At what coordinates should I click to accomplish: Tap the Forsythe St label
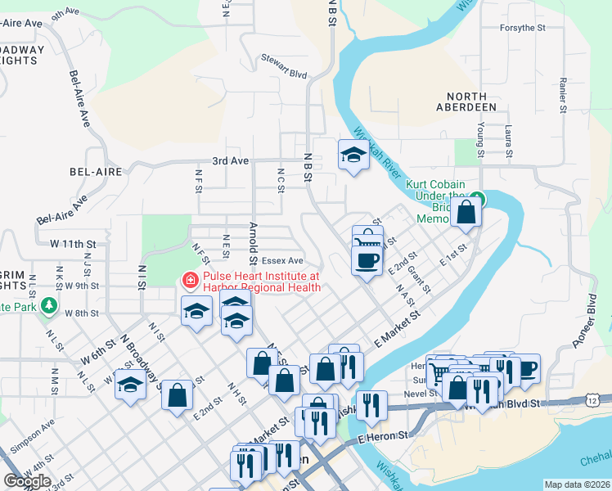[x=522, y=28]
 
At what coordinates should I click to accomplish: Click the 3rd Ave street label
[x=230, y=161]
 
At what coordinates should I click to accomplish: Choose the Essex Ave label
[x=282, y=262]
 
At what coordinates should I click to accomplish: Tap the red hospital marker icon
[x=190, y=282]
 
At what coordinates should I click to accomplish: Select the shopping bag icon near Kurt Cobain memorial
[x=466, y=212]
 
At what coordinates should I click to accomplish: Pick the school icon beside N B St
[x=353, y=155]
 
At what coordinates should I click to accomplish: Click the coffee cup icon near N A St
[x=366, y=260]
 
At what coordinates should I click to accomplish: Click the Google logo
[x=27, y=480]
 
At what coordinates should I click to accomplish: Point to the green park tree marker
[x=50, y=306]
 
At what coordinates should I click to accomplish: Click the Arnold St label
[x=253, y=237]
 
